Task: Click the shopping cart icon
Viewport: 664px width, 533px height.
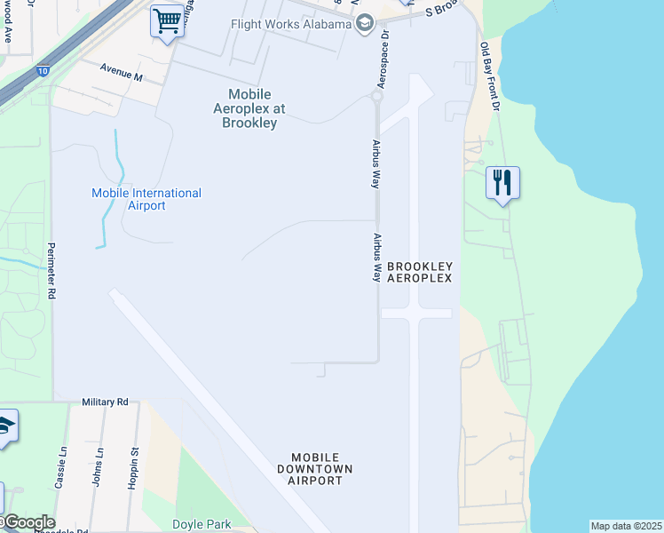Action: (167, 20)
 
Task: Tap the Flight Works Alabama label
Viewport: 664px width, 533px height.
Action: (290, 23)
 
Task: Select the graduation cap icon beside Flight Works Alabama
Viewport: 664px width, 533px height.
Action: (364, 23)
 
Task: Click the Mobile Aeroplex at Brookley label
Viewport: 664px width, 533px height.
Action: (249, 108)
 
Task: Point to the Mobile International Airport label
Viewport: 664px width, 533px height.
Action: (146, 199)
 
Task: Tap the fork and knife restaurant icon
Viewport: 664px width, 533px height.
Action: (502, 183)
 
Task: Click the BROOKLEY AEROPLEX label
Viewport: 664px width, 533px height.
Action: (420, 272)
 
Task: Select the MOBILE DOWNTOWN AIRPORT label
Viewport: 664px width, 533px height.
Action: (315, 468)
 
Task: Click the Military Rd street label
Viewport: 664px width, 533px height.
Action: (105, 402)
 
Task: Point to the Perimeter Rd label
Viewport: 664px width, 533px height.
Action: (51, 270)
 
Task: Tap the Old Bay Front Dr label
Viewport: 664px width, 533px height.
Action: (491, 76)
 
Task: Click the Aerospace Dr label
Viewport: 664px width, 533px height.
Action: (384, 61)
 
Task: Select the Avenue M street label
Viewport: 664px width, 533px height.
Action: (121, 72)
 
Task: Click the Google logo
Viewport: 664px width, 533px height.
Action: (28, 522)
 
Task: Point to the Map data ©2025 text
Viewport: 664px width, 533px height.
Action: (626, 526)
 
